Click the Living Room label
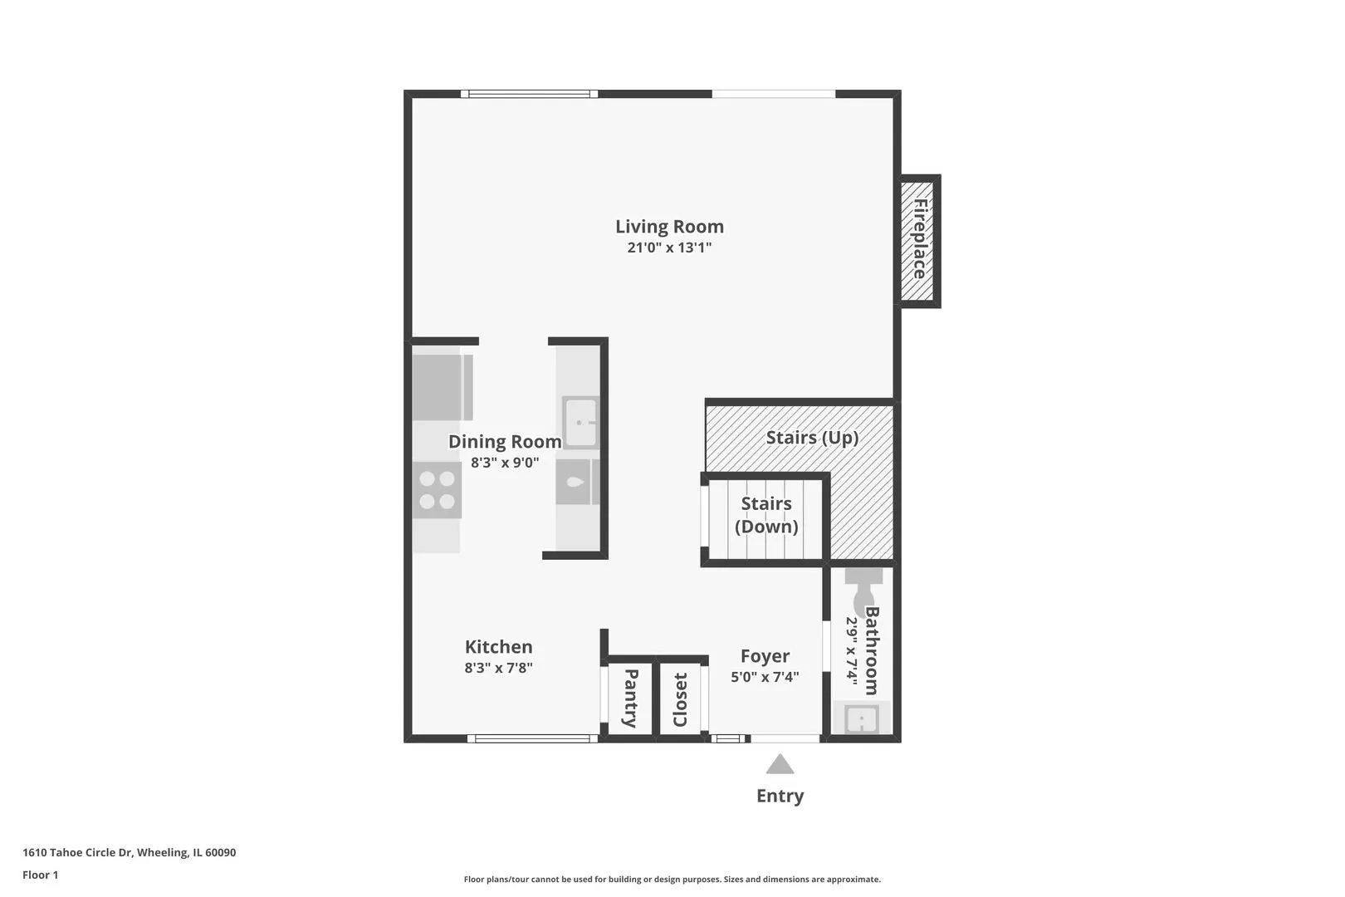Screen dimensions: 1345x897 [x=669, y=227]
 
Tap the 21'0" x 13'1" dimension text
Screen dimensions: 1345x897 [x=669, y=248]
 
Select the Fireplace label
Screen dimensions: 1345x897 [x=920, y=239]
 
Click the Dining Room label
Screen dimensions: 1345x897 [x=505, y=442]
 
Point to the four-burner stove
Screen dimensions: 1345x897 [x=437, y=490]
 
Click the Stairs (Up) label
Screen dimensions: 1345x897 [x=812, y=438]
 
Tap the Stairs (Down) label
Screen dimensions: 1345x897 [x=766, y=515]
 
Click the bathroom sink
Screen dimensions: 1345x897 [x=862, y=718]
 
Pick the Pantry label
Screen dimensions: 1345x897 [x=630, y=698]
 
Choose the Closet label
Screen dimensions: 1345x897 [x=680, y=699]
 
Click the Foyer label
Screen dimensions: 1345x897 [x=765, y=656]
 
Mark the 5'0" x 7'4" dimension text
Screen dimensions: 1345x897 [x=765, y=677]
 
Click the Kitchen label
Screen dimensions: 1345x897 [x=498, y=646]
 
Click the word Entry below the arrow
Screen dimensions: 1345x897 [x=780, y=796]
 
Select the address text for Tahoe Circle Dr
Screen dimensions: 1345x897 [x=129, y=852]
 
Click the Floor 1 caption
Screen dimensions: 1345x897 [x=40, y=875]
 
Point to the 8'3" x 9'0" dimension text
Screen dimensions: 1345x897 [x=505, y=463]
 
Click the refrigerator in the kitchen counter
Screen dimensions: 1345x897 [x=443, y=388]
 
